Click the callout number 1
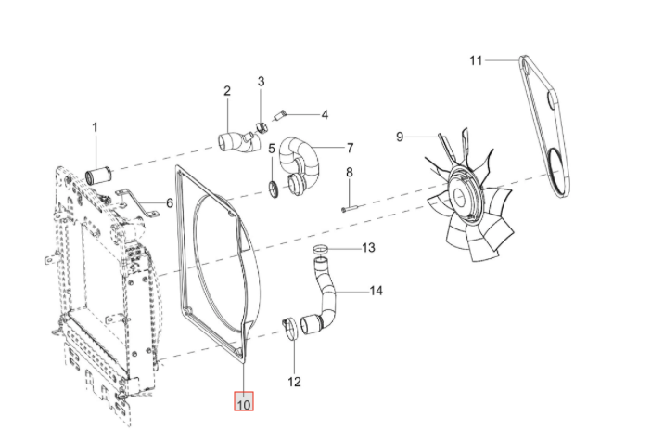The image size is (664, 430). click(95, 127)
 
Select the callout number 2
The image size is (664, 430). click(227, 91)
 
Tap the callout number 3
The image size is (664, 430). click(261, 81)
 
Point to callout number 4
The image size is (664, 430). click(325, 114)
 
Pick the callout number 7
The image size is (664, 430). click(350, 148)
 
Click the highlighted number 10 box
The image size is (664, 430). click(244, 401)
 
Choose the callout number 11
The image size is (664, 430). click(476, 60)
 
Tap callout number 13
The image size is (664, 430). click(368, 248)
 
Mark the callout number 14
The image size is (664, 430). click(376, 291)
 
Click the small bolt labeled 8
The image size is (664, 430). click(350, 208)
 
